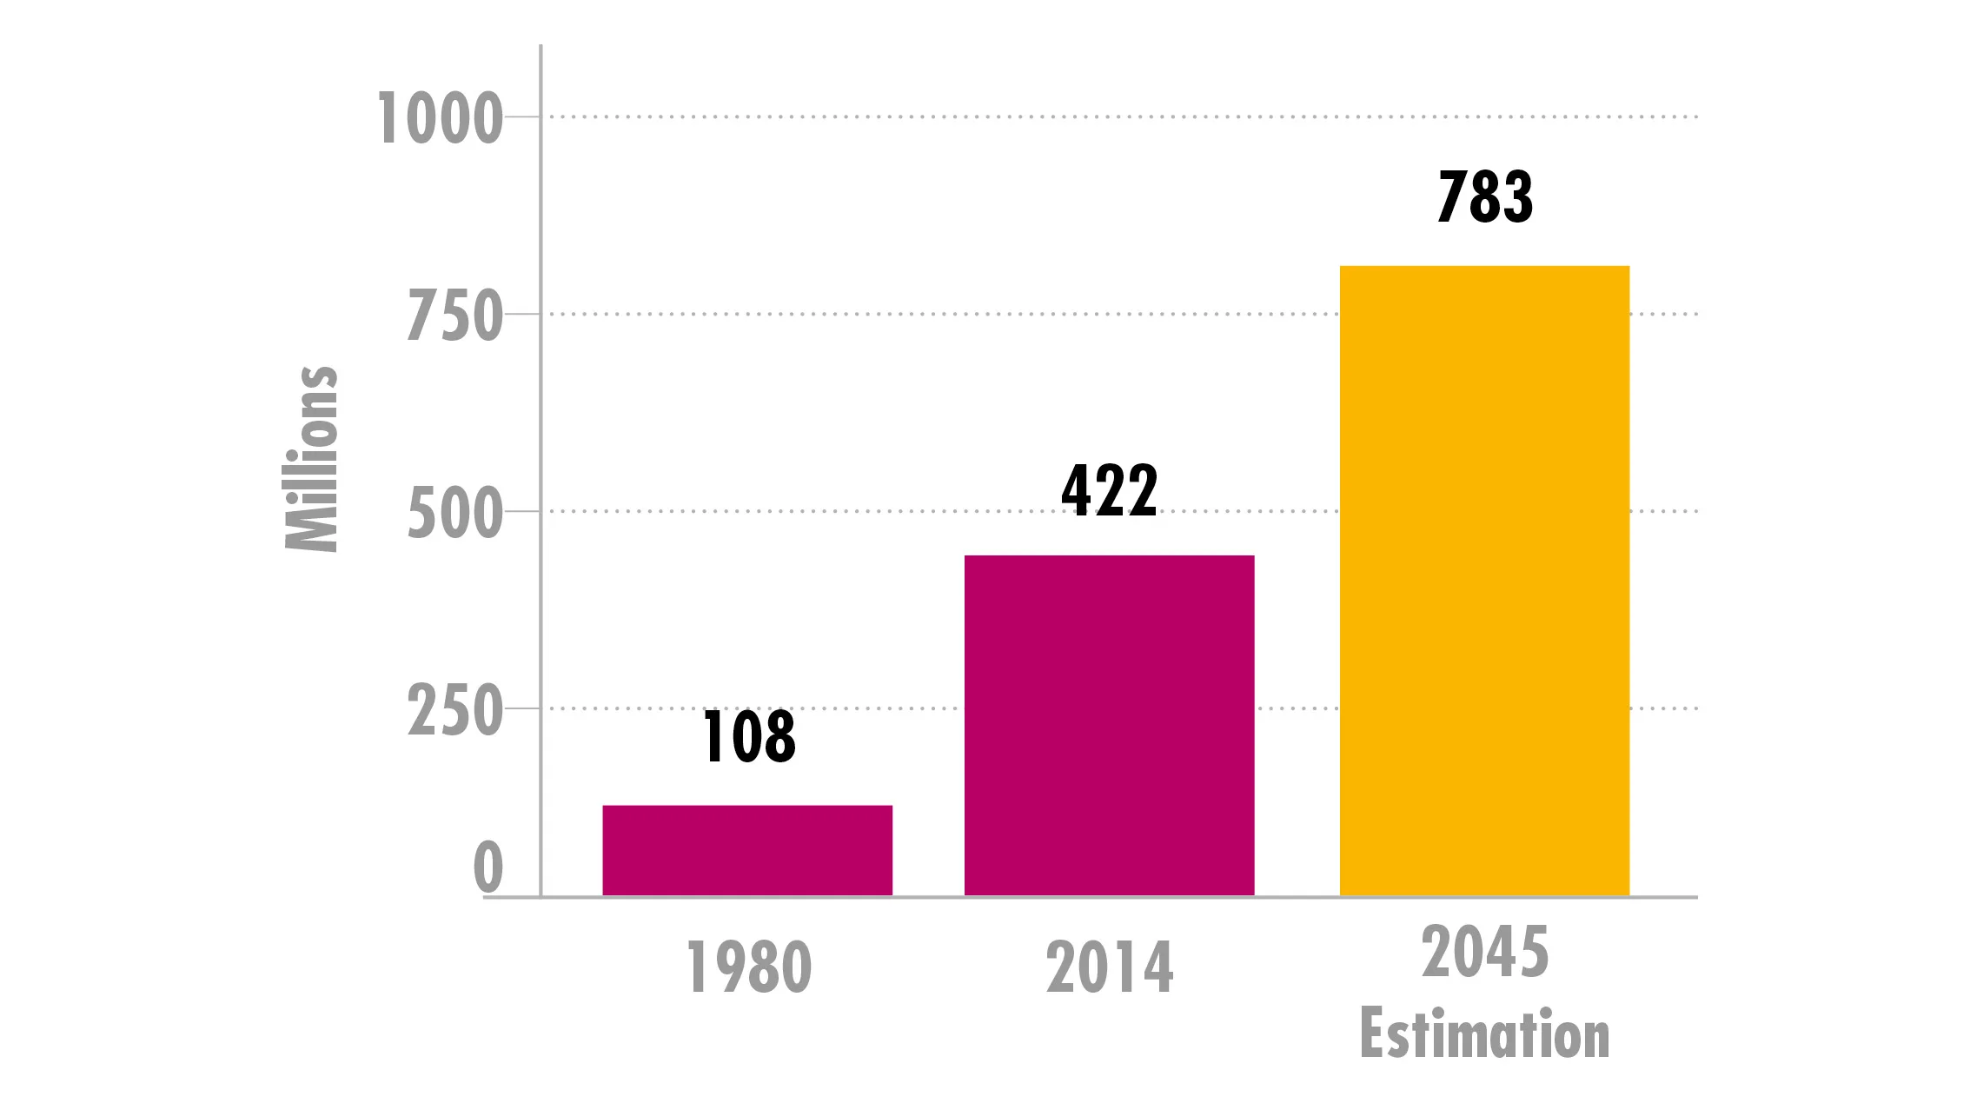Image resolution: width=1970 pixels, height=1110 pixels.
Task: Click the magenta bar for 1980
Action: [747, 850]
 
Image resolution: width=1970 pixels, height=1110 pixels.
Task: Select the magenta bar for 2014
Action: [1109, 725]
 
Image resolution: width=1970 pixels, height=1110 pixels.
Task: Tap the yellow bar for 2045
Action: [1484, 581]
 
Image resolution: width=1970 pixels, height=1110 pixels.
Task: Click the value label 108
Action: [749, 736]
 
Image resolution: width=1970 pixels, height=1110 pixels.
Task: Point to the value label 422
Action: [1110, 490]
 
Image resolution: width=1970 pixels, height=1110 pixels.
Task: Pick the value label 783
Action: [1485, 196]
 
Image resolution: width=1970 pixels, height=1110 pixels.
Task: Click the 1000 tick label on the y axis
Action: [440, 118]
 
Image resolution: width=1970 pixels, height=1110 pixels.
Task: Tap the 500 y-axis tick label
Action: [454, 514]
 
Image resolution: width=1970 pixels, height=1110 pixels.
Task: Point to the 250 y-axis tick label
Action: [454, 711]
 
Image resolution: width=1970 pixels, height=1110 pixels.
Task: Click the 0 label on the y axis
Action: [488, 867]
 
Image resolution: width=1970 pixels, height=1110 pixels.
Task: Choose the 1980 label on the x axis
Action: [749, 967]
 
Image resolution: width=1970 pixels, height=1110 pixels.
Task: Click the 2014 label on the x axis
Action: [1110, 967]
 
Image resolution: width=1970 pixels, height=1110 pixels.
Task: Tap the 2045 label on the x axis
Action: [1485, 953]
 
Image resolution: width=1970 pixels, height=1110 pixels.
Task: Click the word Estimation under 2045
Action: [1485, 1034]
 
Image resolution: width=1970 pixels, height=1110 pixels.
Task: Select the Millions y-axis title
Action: [311, 458]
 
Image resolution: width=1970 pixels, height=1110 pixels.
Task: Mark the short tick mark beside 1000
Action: [522, 116]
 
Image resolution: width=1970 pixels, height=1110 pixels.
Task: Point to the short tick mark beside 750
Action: [522, 314]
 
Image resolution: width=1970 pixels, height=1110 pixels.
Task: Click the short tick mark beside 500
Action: [522, 511]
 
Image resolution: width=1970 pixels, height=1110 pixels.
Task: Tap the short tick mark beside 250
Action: [522, 708]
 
